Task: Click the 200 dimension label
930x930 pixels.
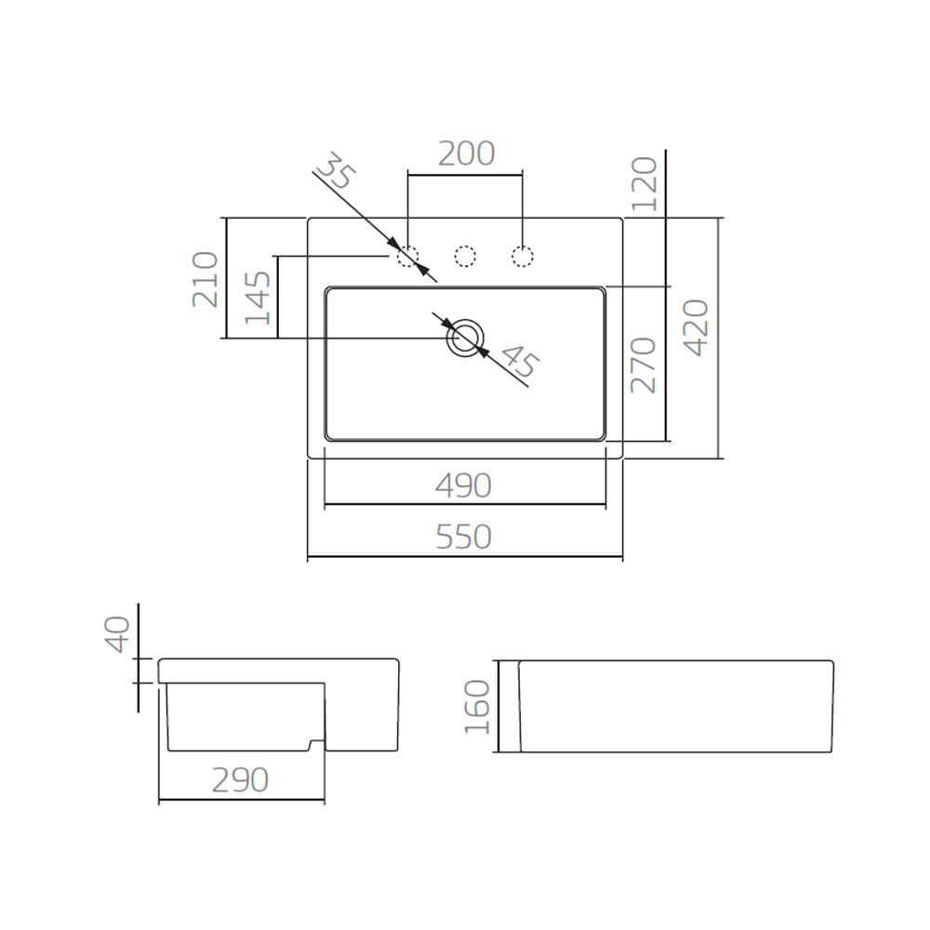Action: coord(466,153)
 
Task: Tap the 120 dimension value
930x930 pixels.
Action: coord(644,183)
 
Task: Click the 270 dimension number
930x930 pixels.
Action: coord(644,365)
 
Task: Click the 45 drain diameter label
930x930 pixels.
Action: coord(519,362)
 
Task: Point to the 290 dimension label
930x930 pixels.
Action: coord(240,780)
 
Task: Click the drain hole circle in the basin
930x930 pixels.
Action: coord(465,338)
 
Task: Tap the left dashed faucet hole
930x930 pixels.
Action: coord(408,256)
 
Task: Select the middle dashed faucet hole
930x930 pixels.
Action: coord(465,256)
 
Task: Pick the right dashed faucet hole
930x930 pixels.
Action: coord(523,256)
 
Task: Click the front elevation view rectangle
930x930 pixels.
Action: coord(675,706)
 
